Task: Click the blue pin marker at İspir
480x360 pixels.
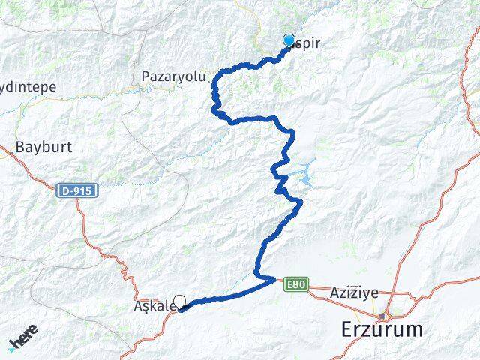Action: point(289,41)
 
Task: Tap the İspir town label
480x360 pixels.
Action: point(307,43)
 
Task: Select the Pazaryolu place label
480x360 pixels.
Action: point(170,76)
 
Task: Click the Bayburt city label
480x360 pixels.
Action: point(43,147)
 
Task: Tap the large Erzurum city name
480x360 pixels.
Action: point(382,329)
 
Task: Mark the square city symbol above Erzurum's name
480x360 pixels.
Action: point(382,315)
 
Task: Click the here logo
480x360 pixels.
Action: point(24,341)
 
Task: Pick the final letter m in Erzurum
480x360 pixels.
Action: point(413,329)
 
